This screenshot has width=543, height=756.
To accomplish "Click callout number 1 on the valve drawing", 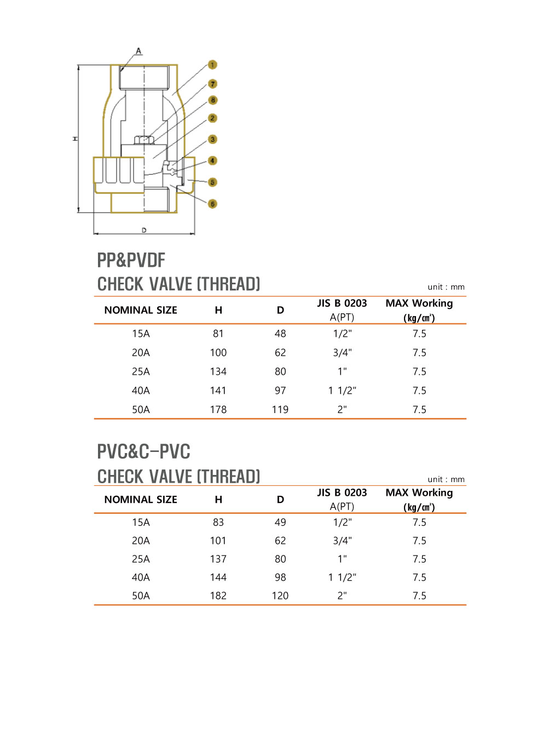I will pos(212,65).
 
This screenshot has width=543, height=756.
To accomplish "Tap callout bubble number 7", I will pos(213,84).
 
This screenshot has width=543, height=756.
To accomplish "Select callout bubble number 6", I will pos(213,204).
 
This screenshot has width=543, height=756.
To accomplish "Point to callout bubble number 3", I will pos(213,140).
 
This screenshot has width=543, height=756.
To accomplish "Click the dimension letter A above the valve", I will pos(138,51).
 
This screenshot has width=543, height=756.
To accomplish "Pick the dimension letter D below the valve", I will pos(144,231).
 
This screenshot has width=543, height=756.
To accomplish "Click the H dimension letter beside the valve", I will pos(75,139).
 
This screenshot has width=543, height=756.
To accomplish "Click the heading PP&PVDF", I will pos(131,260).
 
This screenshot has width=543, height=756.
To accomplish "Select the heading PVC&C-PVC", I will pos(143,451).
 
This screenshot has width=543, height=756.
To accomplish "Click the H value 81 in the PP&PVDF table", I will pos(218,334).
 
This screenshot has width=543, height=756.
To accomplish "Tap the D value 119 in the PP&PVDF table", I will pos(280,410).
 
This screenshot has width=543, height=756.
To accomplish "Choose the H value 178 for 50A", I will pos(218,410).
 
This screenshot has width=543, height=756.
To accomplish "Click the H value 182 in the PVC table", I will pos(218,595).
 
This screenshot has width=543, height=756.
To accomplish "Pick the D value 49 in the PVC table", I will pos(280,522).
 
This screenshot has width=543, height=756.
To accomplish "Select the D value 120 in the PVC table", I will pos(280,595).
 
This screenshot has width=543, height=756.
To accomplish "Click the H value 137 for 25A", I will pos(218,559).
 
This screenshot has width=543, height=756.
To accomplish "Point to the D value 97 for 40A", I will pos(280,391).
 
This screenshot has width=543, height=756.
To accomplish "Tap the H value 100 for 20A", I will pos(218,353).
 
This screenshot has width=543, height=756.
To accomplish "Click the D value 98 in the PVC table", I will pos(280,577).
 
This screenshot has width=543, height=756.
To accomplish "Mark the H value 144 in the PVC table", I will pos(218,577).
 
